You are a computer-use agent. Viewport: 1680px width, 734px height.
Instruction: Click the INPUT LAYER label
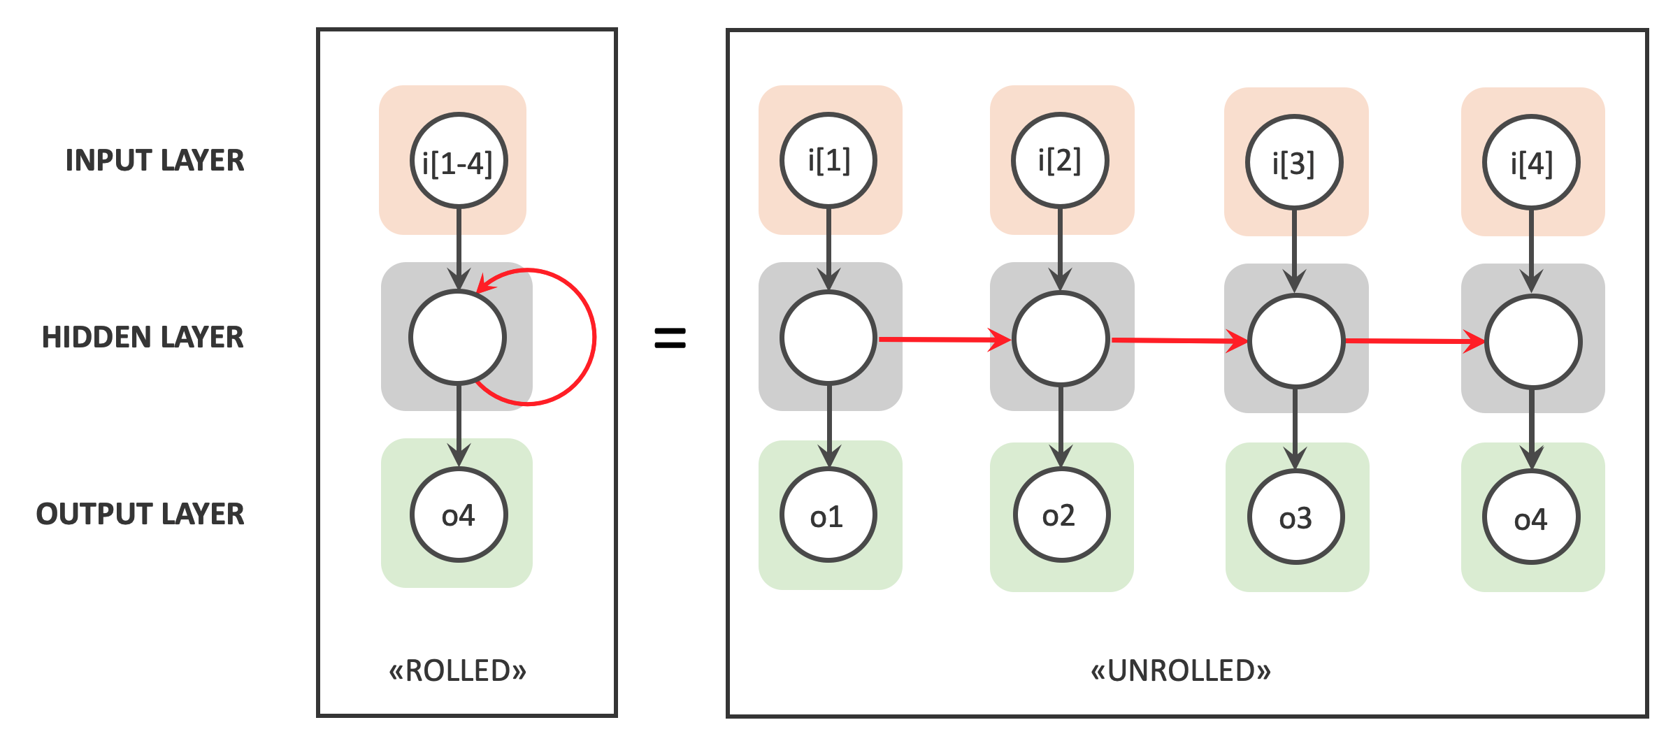pyautogui.click(x=155, y=161)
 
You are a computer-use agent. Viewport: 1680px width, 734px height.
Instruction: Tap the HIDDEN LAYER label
pyautogui.click(x=143, y=338)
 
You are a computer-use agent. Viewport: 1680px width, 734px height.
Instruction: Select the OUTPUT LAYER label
pyautogui.click(x=140, y=514)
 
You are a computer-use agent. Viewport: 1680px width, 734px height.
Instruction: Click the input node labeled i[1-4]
pyautogui.click(x=458, y=161)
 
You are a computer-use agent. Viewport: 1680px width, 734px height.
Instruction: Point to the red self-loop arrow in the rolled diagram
pyautogui.click(x=593, y=337)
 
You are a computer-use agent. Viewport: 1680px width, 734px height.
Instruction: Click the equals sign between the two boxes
pyautogui.click(x=670, y=338)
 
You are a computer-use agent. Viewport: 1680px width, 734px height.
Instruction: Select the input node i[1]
pyautogui.click(x=828, y=161)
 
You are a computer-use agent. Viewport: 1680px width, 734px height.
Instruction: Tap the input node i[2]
pyautogui.click(x=1060, y=161)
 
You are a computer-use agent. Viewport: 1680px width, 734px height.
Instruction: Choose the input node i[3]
pyautogui.click(x=1294, y=163)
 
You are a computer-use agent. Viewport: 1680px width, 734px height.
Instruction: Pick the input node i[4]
pyautogui.click(x=1531, y=163)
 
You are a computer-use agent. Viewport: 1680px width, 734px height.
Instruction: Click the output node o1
pyautogui.click(x=828, y=515)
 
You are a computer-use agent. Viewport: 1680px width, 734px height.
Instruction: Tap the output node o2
pyautogui.click(x=1061, y=515)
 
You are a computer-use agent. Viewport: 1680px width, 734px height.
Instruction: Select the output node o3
pyautogui.click(x=1295, y=517)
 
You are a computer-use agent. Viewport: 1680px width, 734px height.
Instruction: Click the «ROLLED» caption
pyautogui.click(x=458, y=670)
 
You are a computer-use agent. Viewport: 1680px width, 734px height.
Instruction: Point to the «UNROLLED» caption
pyautogui.click(x=1181, y=670)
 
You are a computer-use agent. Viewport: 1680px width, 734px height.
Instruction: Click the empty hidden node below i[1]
pyautogui.click(x=828, y=338)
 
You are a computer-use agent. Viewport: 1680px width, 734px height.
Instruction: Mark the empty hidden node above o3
pyautogui.click(x=1296, y=341)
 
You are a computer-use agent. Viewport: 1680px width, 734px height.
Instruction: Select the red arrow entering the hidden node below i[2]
pyautogui.click(x=944, y=340)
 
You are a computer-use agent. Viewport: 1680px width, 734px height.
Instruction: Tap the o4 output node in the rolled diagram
pyautogui.click(x=458, y=515)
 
